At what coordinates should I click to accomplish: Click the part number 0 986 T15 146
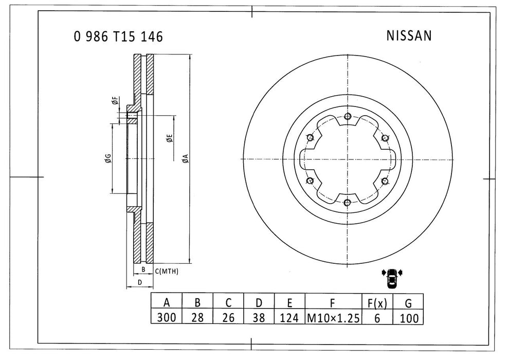pos(118,37)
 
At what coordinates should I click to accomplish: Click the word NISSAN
pos(408,35)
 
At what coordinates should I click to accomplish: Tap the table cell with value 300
pos(166,318)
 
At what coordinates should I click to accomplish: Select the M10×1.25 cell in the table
pos(332,318)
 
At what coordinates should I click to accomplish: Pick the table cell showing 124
pos(290,318)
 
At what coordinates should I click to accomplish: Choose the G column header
pos(408,302)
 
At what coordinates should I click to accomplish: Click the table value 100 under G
pos(408,318)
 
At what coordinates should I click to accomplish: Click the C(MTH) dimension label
pos(166,271)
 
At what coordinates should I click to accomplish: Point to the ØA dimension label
pos(186,159)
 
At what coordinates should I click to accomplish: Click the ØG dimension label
pos(106,158)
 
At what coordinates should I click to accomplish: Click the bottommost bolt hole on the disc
pos(348,202)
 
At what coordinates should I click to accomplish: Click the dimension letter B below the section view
pos(143,269)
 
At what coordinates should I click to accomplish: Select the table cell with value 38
pos(259,318)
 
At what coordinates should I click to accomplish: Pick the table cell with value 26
pos(228,318)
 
